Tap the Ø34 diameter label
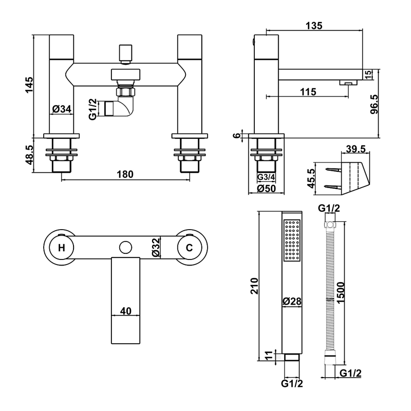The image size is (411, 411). tap(62, 109)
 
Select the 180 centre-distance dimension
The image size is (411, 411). tap(124, 174)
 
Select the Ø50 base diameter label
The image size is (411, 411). tap(266, 189)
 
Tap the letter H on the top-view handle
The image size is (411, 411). tap(61, 248)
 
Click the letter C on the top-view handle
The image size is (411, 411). tap(189, 248)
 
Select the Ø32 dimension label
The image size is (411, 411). tap(155, 248)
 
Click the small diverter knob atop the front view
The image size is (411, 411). tap(125, 53)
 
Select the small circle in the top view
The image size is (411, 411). tap(125, 248)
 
